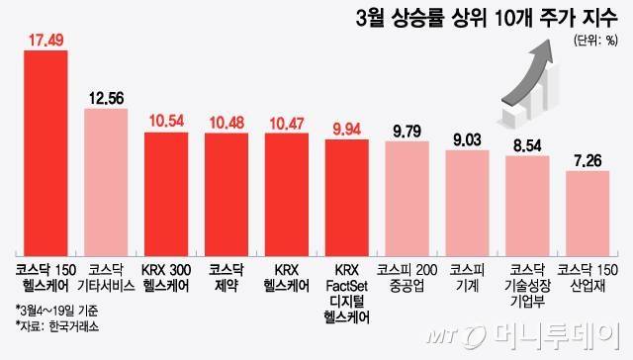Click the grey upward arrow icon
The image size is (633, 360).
tap(542, 84)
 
